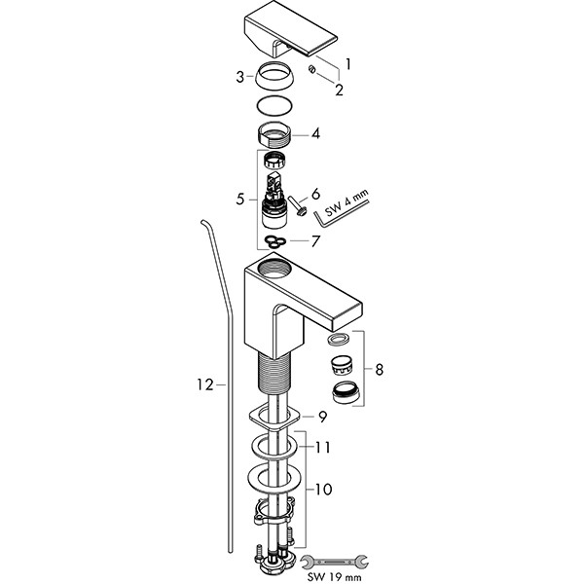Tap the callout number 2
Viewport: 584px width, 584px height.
[x=340, y=90]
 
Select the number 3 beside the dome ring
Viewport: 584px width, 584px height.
[x=238, y=75]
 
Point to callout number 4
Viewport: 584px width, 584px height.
[x=316, y=134]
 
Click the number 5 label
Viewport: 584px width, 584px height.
[x=240, y=200]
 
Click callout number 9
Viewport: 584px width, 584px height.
[x=321, y=417]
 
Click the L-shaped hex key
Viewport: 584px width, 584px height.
[x=366, y=211]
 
